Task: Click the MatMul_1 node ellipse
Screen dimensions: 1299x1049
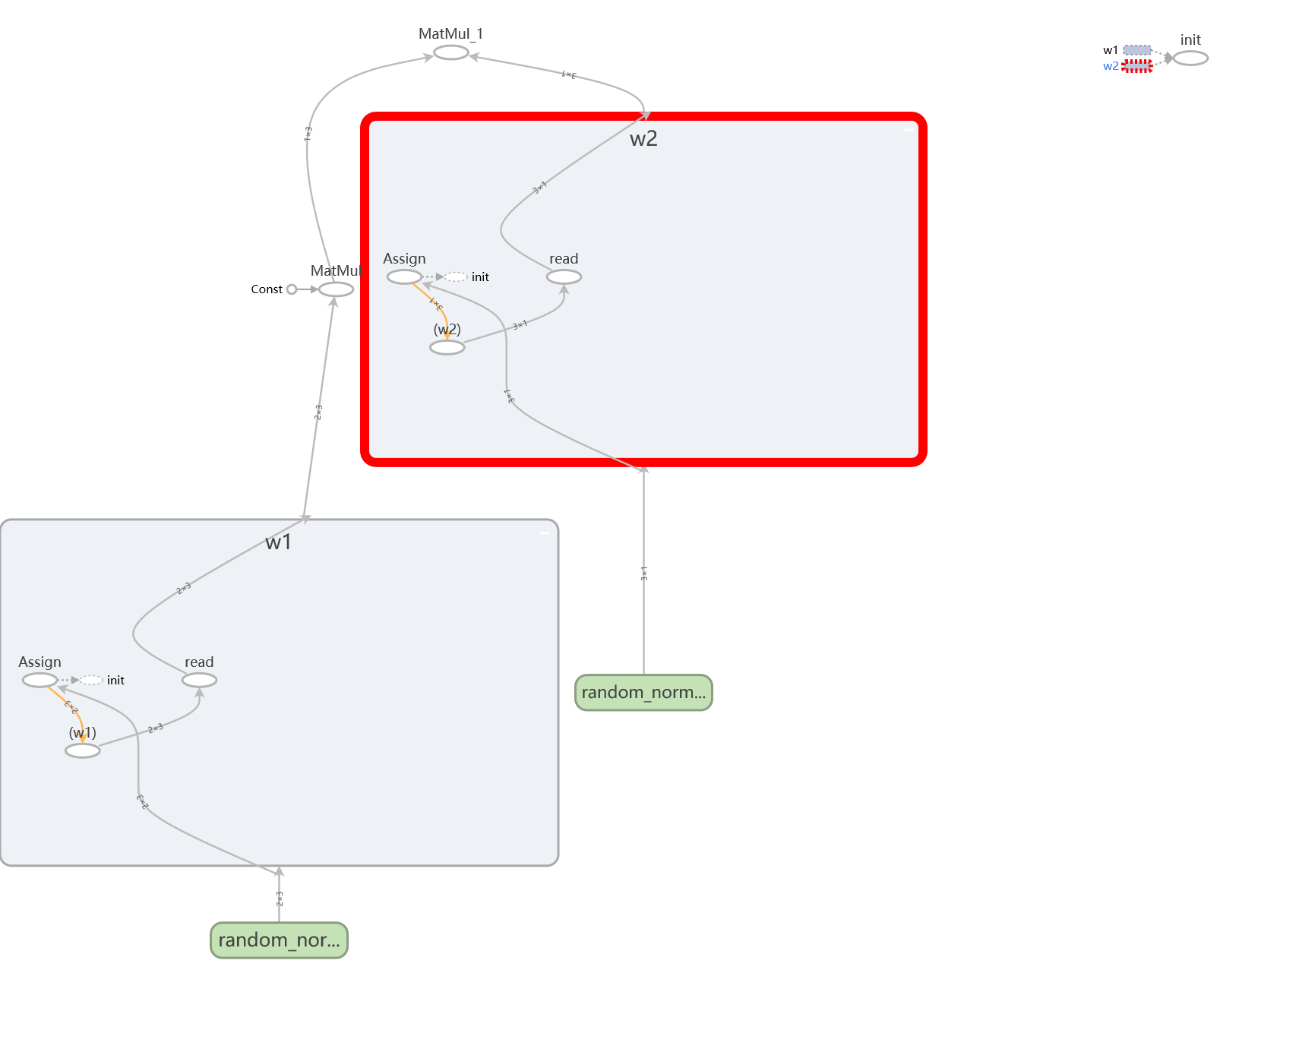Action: click(450, 52)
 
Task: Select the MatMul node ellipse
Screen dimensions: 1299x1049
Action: click(336, 289)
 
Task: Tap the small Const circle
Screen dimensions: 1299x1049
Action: click(292, 289)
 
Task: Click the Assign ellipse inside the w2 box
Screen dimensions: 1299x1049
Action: click(404, 277)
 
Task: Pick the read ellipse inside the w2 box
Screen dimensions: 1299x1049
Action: click(564, 277)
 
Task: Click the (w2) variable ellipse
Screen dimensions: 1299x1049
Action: click(447, 347)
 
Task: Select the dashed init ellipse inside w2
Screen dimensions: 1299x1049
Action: click(456, 277)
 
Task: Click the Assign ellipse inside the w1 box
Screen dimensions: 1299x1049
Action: click(40, 681)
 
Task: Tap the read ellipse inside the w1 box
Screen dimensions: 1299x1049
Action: click(199, 681)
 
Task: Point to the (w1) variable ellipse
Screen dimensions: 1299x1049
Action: click(82, 750)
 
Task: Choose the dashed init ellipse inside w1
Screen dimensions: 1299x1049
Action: click(91, 681)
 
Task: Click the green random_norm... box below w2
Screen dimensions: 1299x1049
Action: click(643, 693)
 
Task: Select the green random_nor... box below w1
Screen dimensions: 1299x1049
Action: click(279, 940)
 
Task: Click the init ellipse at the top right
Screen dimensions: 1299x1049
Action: click(1190, 58)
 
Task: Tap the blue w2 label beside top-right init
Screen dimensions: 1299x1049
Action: click(1110, 66)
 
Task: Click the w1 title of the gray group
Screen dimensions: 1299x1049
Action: click(278, 542)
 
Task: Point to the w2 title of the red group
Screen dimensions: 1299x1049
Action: click(643, 139)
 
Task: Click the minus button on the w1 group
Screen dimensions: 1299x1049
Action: click(544, 533)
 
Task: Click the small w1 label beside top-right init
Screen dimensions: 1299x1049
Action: click(1110, 50)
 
